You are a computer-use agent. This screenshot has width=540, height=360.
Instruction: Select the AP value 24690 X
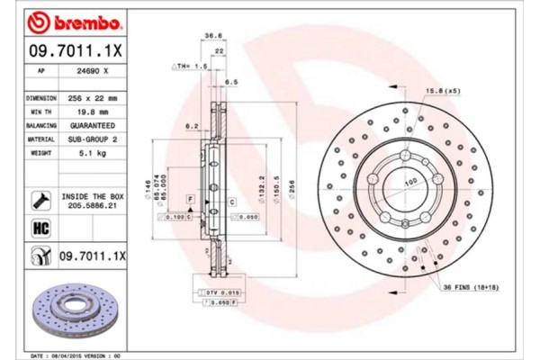click(94, 69)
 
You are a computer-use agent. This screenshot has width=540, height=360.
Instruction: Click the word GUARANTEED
click(94, 126)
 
